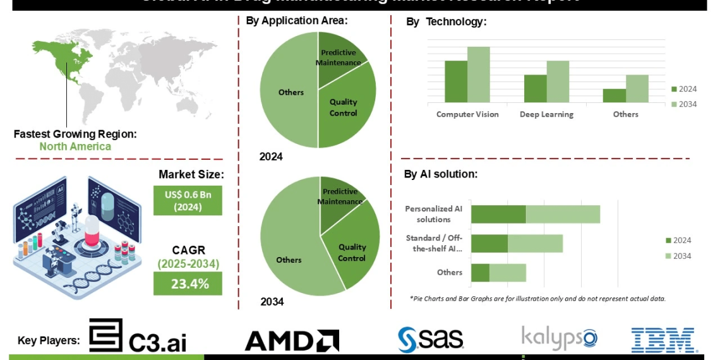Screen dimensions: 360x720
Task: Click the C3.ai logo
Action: coord(138,336)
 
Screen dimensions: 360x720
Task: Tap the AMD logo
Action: coord(292,340)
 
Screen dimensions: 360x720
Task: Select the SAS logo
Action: coord(431,339)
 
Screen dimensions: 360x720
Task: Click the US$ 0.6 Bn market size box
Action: coord(188,200)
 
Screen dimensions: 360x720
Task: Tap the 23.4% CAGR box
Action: coord(188,284)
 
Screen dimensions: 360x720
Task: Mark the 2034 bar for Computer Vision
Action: coord(478,75)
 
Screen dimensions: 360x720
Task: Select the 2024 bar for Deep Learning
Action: coord(535,88)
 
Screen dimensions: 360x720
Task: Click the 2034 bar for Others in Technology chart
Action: coord(637,88)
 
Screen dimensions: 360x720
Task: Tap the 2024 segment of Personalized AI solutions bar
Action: coord(498,214)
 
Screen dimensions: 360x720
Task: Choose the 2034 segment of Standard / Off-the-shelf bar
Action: coord(535,243)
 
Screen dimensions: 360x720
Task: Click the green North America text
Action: coord(75,147)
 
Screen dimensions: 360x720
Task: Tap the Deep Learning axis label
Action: coord(546,114)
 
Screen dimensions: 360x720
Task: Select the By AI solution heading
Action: coord(441,174)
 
